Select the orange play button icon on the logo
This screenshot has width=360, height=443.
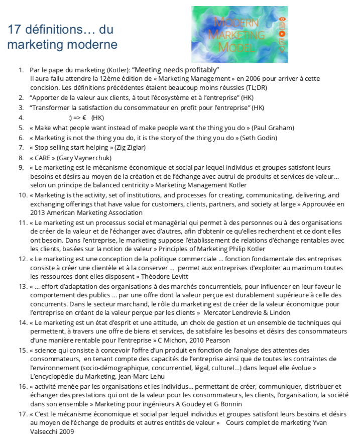(283, 34)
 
